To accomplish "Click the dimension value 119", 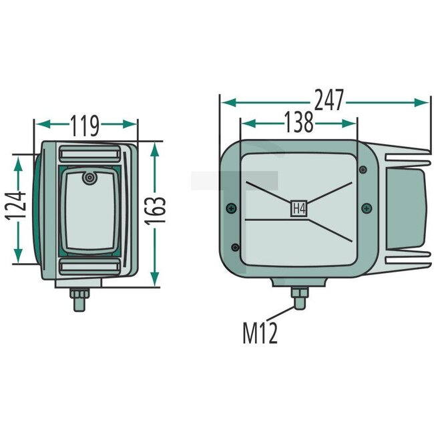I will [85, 124].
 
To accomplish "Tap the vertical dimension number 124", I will [20, 207].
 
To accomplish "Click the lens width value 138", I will [298, 123].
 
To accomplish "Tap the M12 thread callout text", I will [259, 332].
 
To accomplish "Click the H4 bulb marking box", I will [297, 208].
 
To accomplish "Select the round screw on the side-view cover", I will [89, 178].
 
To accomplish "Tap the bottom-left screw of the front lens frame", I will [234, 247].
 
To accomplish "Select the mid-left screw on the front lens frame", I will [230, 208].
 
